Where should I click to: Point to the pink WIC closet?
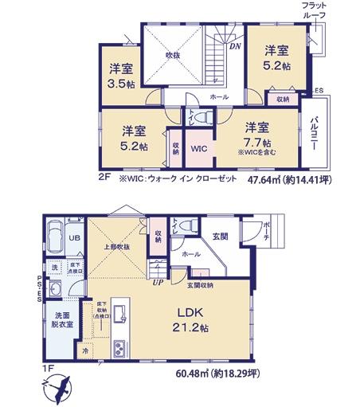point(198,147)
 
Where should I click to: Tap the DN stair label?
point(236,46)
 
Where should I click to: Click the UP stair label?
point(158,280)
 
